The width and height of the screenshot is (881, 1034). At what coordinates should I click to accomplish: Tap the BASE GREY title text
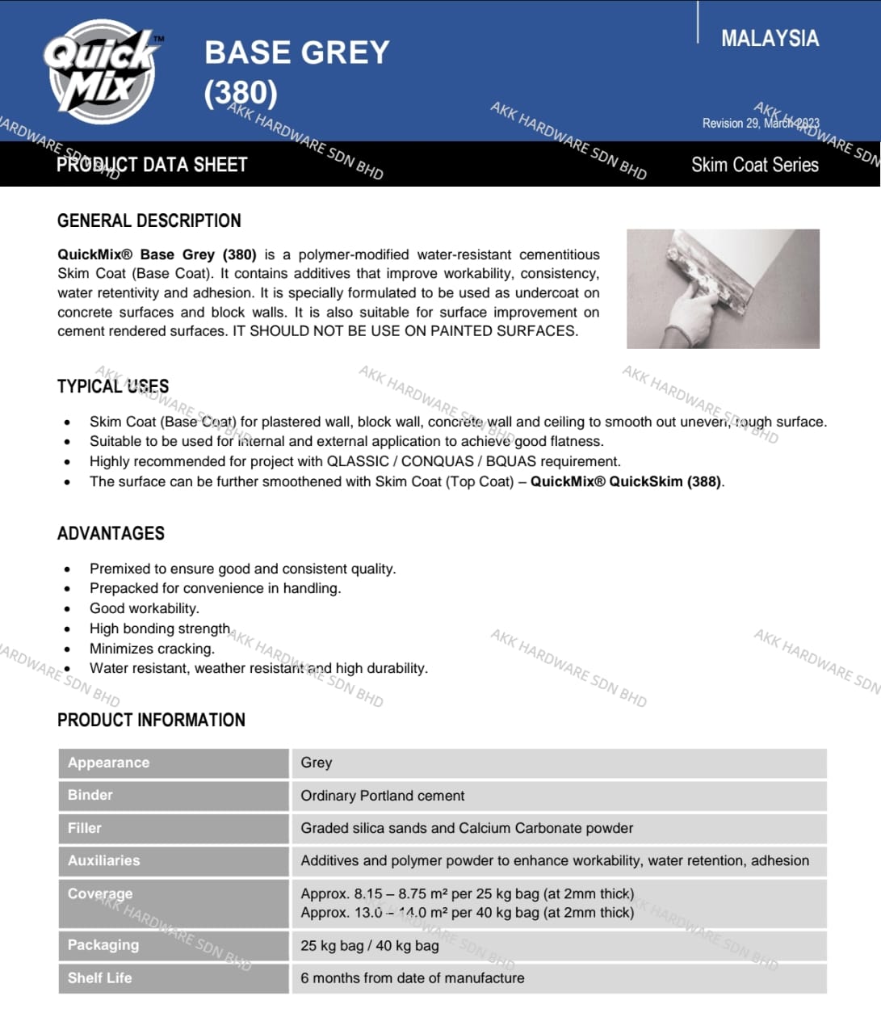click(x=296, y=53)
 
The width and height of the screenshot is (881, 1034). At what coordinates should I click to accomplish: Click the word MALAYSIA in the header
click(x=769, y=38)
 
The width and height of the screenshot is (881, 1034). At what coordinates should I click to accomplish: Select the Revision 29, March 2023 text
click(x=760, y=123)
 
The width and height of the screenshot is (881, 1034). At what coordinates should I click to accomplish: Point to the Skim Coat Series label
click(x=754, y=165)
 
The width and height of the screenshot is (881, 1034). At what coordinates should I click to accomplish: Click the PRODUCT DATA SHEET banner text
click(x=152, y=165)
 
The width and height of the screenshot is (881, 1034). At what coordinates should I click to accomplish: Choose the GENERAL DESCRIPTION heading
click(x=149, y=221)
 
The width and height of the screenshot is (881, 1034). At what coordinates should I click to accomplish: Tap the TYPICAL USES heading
click(x=113, y=386)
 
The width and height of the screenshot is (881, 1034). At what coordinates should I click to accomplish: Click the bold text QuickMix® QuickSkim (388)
click(x=626, y=481)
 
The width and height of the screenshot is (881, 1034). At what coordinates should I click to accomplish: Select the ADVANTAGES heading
click(x=111, y=533)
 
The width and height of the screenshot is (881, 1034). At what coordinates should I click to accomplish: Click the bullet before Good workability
click(x=67, y=609)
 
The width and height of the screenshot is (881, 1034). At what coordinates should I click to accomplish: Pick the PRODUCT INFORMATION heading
click(x=151, y=720)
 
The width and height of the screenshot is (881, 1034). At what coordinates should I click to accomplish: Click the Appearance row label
click(x=108, y=763)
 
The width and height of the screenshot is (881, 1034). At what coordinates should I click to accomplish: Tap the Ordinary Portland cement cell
click(x=382, y=796)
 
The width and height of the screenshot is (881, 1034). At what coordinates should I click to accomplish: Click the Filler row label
click(x=85, y=828)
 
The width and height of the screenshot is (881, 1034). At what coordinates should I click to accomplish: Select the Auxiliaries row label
click(x=103, y=860)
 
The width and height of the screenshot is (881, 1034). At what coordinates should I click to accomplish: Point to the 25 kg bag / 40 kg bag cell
click(x=370, y=945)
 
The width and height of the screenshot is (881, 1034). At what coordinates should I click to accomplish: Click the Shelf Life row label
click(x=99, y=977)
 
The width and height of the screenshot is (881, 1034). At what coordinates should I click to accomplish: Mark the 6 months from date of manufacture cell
click(x=412, y=978)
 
